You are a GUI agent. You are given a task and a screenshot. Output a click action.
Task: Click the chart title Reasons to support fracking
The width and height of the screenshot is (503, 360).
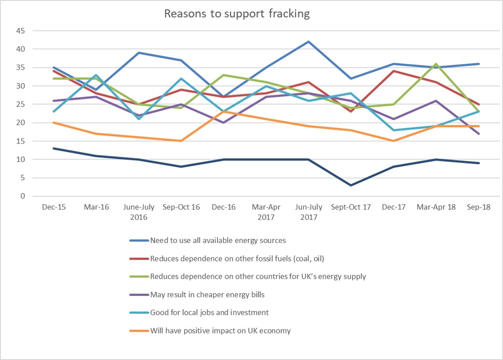coord(237,13)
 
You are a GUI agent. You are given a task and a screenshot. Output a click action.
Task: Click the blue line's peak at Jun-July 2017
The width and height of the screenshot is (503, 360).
coord(308,42)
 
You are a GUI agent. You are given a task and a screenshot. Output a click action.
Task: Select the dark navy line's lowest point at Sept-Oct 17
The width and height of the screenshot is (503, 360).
coord(351,185)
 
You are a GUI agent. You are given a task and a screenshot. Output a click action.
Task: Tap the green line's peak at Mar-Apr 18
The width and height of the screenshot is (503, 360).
coord(436,64)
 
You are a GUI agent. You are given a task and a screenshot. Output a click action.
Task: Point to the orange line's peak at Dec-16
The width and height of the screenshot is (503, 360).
coord(223,112)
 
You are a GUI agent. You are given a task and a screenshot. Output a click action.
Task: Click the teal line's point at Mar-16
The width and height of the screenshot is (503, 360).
coord(96,75)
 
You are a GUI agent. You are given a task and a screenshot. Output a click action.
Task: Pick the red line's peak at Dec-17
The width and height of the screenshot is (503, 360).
coord(394,71)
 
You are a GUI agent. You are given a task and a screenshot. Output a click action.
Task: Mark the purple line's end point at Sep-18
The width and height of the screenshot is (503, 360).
coord(478,134)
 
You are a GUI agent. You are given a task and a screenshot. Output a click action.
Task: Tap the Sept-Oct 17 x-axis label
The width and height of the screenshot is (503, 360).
coord(351,208)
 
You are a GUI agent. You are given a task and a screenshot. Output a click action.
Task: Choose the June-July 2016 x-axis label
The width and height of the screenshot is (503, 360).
coord(139,212)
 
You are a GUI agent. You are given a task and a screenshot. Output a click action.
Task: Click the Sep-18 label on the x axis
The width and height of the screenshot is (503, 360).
coord(478,208)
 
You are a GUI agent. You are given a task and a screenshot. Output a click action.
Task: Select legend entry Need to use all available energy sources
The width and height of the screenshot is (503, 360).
coord(218,240)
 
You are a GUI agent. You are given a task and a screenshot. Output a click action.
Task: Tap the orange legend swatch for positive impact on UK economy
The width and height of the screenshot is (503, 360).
coord(139,331)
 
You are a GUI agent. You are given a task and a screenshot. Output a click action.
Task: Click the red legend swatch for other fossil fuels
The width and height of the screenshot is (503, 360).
coord(139,259)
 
